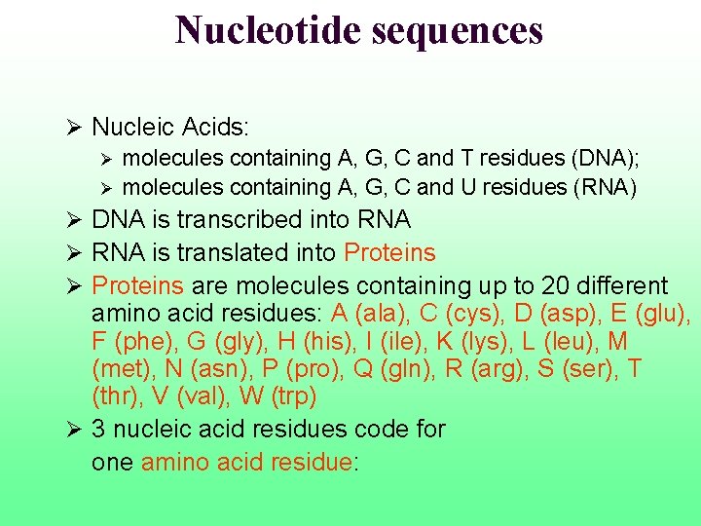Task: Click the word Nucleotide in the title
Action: coord(267,30)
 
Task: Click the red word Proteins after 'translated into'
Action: coord(389,253)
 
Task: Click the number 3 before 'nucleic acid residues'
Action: coord(99,429)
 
